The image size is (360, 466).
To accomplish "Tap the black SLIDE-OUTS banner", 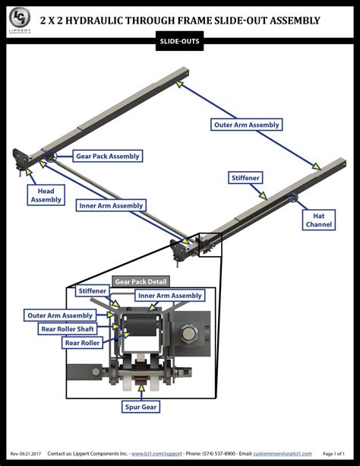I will click(180, 42).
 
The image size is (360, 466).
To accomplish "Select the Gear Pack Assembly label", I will click(107, 156).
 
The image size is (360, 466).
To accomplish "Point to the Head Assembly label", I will click(46, 195).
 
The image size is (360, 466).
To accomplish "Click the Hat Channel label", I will click(318, 220).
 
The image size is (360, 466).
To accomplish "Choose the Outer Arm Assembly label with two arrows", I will click(246, 125).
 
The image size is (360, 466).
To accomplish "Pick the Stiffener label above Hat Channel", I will click(247, 177).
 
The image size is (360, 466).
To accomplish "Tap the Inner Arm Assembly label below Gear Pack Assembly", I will click(111, 205).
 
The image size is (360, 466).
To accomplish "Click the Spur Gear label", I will click(141, 407).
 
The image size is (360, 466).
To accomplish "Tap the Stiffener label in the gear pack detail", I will click(91, 291).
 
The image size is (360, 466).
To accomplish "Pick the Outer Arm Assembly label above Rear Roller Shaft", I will click(60, 315).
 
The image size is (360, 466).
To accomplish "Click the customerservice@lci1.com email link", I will click(285, 453).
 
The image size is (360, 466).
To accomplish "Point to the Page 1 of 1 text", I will click(338, 453).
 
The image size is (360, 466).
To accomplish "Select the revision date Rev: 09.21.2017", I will click(26, 453).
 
